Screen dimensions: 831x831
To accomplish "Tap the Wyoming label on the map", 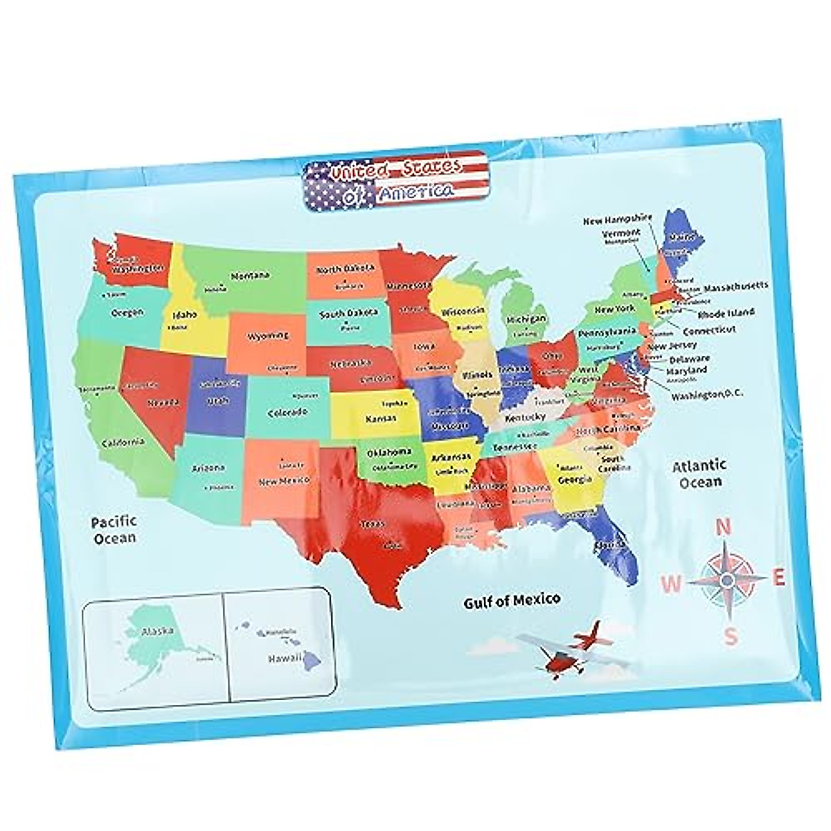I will [x=268, y=336].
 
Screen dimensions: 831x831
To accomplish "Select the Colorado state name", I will [x=287, y=413].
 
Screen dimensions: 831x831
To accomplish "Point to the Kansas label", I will [x=382, y=418].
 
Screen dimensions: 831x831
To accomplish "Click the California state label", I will [x=123, y=443].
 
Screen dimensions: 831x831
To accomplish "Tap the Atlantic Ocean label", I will [x=699, y=473].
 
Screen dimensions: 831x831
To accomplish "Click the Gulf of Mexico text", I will [x=512, y=600].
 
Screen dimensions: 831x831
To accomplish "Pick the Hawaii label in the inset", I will [x=284, y=660].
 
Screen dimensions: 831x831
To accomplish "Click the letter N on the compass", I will [x=723, y=528].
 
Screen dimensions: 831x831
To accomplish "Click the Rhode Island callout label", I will [x=725, y=313].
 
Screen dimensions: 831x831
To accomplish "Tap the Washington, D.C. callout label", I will [x=701, y=395].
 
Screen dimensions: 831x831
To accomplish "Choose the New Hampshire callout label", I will [x=618, y=220].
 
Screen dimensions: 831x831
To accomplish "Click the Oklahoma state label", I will [x=388, y=452].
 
